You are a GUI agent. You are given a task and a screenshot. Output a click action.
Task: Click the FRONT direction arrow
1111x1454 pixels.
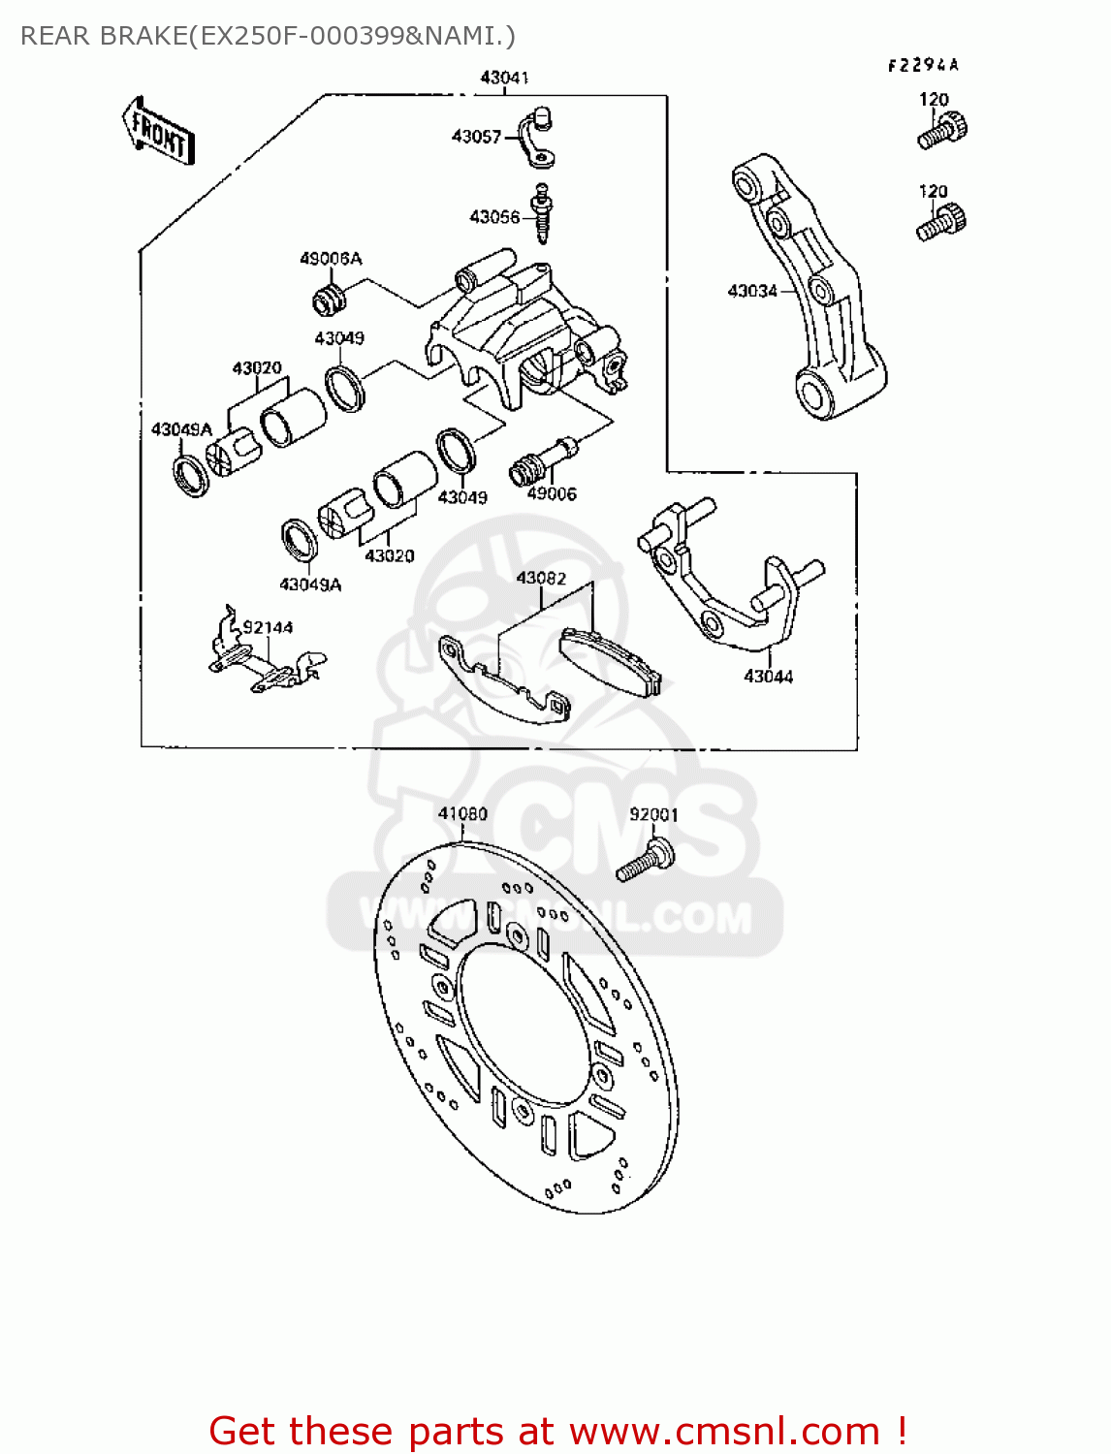click(x=159, y=131)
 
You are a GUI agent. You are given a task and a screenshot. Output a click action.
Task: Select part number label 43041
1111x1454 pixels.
click(x=504, y=78)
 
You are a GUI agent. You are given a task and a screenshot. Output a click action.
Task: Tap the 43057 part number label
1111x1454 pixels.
click(x=476, y=137)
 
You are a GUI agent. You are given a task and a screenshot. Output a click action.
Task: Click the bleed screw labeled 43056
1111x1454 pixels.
click(x=543, y=213)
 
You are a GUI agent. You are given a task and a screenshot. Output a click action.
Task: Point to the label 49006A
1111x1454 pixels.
click(x=331, y=259)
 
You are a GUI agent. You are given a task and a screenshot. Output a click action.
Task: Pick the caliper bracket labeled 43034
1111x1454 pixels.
click(x=814, y=291)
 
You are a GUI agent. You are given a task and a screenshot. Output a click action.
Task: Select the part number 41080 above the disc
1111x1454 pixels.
click(x=462, y=814)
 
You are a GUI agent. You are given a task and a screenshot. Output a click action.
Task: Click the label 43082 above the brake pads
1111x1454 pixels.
click(x=541, y=579)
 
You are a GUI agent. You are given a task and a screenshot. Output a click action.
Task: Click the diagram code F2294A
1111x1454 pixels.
click(x=923, y=65)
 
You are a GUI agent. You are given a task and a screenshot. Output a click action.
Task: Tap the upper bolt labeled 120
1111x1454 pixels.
click(x=942, y=130)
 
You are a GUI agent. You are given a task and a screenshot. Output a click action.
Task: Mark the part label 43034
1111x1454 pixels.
click(x=752, y=291)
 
